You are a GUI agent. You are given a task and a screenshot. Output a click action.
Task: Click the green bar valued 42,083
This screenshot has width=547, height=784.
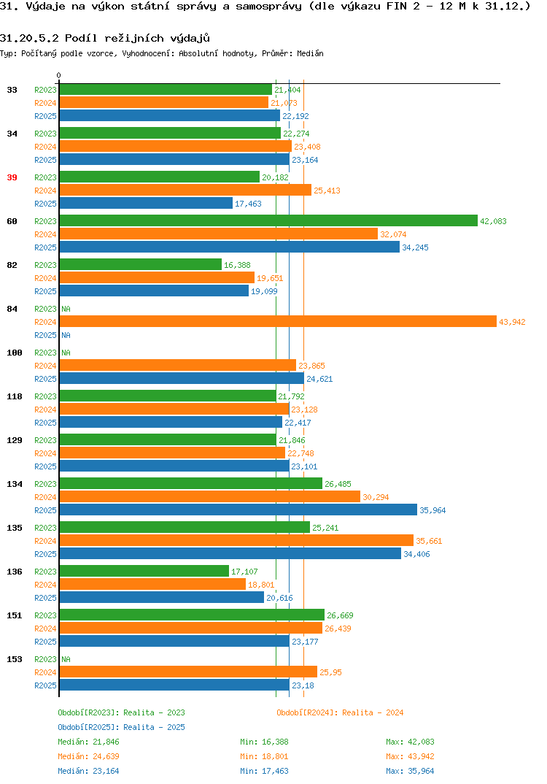(268, 220)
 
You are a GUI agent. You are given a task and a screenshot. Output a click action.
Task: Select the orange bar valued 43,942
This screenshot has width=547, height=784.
(279, 321)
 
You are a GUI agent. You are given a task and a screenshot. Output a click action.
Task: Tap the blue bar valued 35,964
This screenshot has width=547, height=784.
(238, 510)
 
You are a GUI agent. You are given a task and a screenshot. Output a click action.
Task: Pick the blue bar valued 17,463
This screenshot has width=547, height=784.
(147, 203)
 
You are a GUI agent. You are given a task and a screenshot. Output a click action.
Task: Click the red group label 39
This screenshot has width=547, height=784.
(12, 177)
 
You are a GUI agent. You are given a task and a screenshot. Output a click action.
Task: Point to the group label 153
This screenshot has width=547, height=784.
(15, 659)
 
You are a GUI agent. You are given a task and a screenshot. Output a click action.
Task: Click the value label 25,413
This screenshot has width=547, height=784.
(327, 191)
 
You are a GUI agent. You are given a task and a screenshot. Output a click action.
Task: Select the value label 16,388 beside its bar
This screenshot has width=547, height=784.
(237, 265)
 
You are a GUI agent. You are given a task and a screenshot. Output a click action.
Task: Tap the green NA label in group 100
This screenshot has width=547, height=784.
(66, 353)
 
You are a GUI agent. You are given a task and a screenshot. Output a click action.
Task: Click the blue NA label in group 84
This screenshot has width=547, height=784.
(66, 335)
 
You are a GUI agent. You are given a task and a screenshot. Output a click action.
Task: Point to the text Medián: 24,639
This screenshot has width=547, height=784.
(88, 756)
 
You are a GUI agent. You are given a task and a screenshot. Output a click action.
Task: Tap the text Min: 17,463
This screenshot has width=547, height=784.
(264, 771)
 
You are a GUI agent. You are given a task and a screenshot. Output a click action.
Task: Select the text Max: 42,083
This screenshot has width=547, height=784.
(410, 742)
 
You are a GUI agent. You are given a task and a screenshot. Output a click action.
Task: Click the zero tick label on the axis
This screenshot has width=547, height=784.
(59, 75)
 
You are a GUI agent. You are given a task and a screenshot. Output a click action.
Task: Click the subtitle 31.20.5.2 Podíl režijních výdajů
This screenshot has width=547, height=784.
(105, 39)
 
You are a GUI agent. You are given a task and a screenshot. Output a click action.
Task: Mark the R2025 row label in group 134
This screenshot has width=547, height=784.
(45, 510)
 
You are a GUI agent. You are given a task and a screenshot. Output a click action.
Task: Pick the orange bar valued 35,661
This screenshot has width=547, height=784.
(237, 540)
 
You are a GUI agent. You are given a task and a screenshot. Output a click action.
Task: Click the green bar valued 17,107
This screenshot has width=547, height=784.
(144, 571)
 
